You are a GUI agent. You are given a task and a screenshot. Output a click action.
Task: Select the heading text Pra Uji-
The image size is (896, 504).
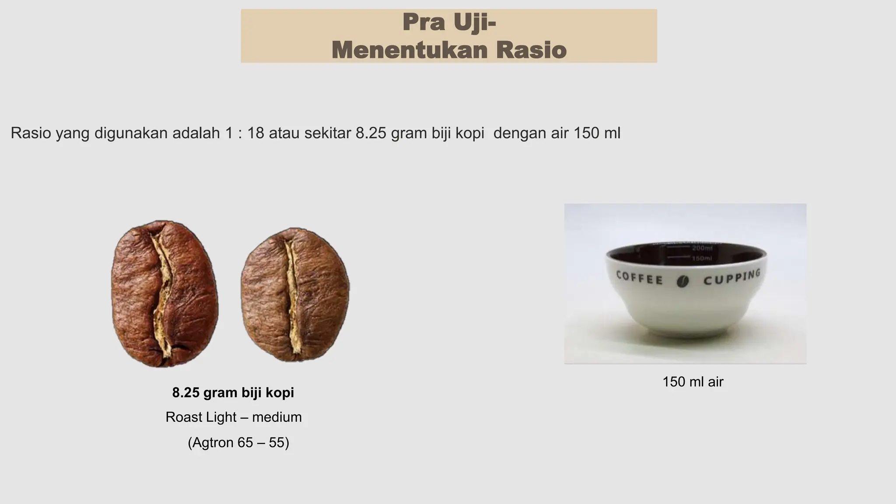449,23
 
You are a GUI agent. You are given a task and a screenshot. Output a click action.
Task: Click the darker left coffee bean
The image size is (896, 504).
164,293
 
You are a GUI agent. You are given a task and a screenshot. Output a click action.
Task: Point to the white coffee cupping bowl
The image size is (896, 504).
686,293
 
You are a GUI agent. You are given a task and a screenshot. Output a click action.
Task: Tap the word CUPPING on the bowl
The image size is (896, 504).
731,278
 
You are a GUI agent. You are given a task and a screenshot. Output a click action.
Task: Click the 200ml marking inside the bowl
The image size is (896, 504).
702,248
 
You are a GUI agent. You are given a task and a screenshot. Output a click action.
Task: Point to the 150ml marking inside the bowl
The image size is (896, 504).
702,259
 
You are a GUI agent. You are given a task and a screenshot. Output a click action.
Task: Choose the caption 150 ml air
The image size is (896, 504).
693,382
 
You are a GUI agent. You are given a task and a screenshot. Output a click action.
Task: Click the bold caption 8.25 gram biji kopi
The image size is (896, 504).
233,393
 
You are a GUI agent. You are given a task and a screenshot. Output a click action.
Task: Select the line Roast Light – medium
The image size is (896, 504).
233,417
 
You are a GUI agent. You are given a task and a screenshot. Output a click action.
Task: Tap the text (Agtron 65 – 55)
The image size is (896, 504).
238,443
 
